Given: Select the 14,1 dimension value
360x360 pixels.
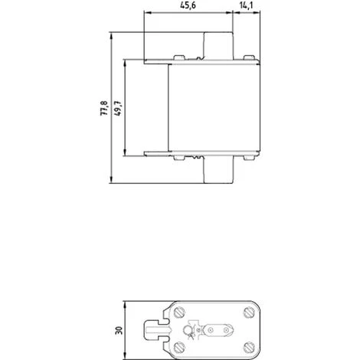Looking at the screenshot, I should tap(245, 7).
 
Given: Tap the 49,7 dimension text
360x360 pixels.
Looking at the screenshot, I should tap(118, 106).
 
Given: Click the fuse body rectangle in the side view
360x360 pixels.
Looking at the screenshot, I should tap(214, 107).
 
